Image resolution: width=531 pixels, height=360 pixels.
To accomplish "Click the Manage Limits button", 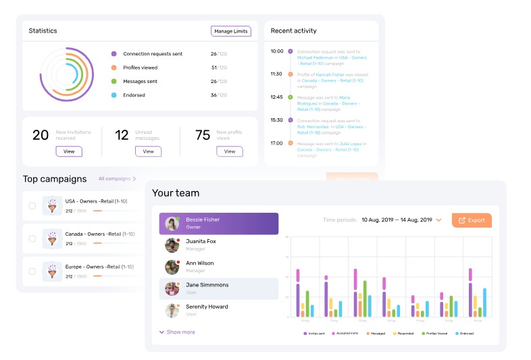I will pos(231,31).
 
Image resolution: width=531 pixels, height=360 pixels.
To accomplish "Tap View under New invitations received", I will pos(69,151).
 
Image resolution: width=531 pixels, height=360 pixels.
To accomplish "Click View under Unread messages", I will pos(148,151).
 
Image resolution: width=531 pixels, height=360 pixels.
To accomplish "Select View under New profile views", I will pos(229,151).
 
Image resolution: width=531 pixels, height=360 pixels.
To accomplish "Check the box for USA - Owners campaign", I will pos(32,205).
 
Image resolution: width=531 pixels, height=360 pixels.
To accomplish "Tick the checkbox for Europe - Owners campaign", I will pos(32,272).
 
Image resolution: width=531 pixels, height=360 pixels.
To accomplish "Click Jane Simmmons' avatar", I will pos(172,289).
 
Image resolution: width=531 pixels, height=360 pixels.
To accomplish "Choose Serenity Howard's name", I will pos(207,307).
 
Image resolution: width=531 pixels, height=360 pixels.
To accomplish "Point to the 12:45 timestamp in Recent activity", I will pos(276,97).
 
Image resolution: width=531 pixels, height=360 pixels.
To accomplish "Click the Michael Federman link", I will pos(320,58).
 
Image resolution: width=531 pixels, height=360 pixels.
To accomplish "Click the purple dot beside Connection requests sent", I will pos(114,54).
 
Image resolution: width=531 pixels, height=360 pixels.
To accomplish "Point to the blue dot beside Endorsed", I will pos(114,95).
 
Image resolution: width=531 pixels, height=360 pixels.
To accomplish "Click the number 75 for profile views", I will pos(203,135).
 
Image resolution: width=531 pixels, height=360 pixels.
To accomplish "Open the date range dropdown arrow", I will pos(438,220).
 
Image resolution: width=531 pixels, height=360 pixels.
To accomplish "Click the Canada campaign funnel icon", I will pos(52,238).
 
